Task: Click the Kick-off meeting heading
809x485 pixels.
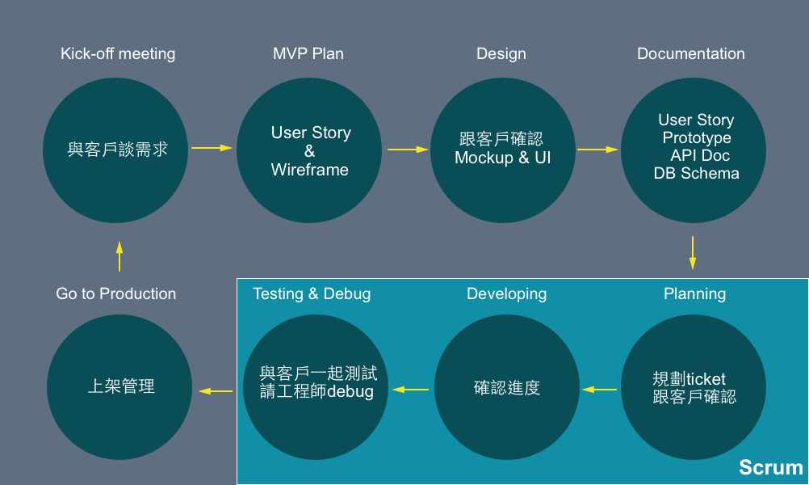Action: coord(118,53)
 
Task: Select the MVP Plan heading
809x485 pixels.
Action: coord(308,53)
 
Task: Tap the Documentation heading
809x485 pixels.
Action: coord(691,53)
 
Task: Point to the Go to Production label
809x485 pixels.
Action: coord(116,294)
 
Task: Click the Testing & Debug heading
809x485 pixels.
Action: coord(312,294)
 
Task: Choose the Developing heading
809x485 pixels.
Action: coord(507,294)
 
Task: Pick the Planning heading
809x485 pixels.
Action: coord(694,294)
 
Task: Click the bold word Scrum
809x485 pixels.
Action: coord(771,467)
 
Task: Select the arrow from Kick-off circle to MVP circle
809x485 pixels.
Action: coord(212,148)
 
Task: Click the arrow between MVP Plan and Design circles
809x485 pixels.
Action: coord(408,150)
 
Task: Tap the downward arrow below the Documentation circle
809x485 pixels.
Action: coord(693,252)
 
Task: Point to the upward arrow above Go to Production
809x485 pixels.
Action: coord(119,256)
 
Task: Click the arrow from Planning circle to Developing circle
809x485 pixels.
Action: coord(600,390)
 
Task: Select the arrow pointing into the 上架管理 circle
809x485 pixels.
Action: coord(216,391)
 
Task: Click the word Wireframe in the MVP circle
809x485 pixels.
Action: coord(309,170)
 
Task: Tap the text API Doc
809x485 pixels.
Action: coord(700,155)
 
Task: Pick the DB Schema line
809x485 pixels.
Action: coord(697,174)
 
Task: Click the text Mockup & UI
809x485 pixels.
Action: coord(502,158)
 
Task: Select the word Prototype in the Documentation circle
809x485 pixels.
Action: coord(697,138)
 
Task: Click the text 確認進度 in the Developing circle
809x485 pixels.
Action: coord(507,387)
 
